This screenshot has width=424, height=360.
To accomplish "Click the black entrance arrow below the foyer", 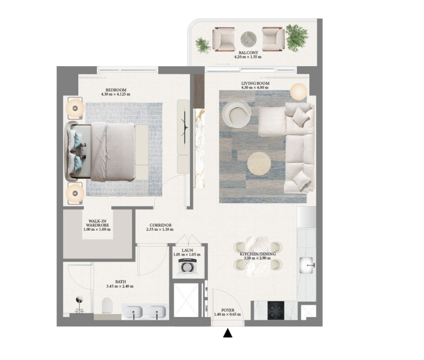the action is click(x=228, y=333).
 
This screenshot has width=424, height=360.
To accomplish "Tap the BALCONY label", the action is click(x=248, y=53).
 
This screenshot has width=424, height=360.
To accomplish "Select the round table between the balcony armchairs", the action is click(x=249, y=39).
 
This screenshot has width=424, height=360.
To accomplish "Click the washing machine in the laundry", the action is click(x=187, y=266).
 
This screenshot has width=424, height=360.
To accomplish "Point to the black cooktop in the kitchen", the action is click(x=276, y=310).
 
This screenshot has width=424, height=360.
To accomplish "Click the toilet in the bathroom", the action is click(x=107, y=305).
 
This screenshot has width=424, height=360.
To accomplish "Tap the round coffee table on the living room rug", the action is click(x=259, y=163).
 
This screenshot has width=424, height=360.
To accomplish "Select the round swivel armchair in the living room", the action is click(x=237, y=114).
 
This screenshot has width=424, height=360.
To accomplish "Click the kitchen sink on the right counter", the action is click(x=307, y=265).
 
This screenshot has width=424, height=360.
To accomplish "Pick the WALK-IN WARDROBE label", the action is click(x=98, y=223).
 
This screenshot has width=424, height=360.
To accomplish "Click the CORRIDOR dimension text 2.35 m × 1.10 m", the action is click(x=160, y=230).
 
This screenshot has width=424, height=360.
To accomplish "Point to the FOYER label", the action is click(x=228, y=310).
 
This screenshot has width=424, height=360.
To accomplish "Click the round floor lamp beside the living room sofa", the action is click(x=299, y=92).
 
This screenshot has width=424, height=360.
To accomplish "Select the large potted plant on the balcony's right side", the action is click(x=297, y=38).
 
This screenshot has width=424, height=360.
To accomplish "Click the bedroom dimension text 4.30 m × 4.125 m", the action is click(x=115, y=95).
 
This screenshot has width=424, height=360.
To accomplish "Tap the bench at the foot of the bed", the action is click(x=142, y=152).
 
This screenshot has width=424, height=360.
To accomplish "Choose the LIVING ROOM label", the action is click(x=255, y=83).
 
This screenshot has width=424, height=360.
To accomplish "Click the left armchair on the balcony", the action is click(x=224, y=39).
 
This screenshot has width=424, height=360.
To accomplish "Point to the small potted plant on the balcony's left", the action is click(x=203, y=45).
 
